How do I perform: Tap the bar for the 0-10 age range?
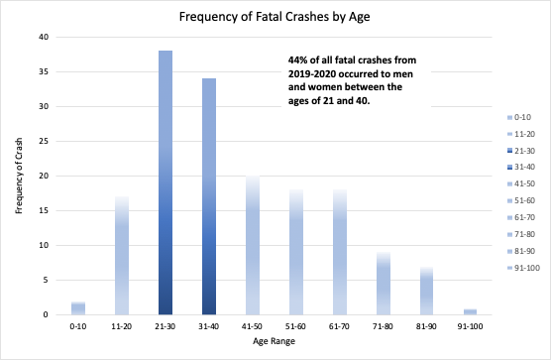click(x=77, y=307)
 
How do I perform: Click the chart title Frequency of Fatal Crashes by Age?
click(x=275, y=17)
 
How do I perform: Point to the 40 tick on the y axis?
click(x=43, y=37)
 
